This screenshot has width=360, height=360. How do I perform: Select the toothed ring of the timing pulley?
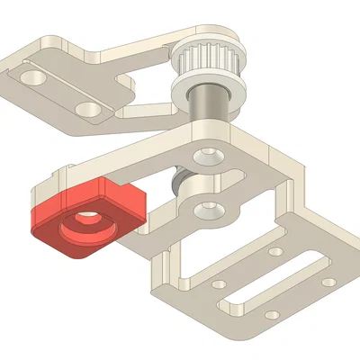[202, 60]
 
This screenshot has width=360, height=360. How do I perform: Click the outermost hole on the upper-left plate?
[34, 76]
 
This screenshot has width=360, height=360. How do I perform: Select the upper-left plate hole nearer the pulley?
[87, 107]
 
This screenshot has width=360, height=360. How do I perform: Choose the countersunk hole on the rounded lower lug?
[208, 208]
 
